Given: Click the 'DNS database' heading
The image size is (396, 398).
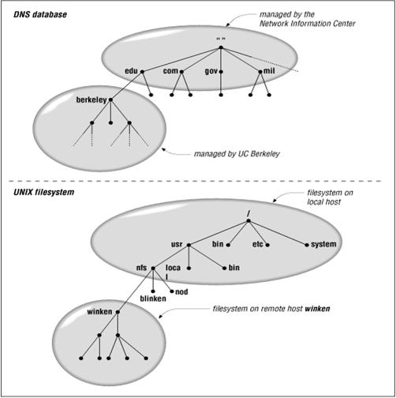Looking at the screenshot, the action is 40,14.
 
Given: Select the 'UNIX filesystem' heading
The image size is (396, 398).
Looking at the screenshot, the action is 43,192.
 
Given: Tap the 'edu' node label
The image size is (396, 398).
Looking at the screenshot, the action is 131,71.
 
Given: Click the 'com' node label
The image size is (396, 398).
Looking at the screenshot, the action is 170,71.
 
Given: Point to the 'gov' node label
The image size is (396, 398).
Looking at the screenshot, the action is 211,71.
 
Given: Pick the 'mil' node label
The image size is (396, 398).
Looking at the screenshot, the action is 269,70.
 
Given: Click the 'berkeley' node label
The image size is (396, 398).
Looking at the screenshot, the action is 92,100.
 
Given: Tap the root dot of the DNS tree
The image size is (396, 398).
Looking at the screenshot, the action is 221,47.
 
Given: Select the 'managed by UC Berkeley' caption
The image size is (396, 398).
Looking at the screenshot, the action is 237,154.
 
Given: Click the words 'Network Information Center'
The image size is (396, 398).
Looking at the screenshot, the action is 308,24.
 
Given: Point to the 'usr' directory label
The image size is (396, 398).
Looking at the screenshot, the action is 177,244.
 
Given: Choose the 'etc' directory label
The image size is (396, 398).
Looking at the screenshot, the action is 257,244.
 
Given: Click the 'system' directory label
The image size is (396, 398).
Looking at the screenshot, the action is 323,245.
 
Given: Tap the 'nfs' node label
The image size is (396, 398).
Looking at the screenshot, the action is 141,268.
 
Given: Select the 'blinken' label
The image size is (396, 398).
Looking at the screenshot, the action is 153,298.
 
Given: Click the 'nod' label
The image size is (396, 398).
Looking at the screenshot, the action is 181,291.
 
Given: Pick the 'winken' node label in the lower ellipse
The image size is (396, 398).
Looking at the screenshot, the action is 99,312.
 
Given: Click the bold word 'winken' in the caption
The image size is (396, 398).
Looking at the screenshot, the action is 317,309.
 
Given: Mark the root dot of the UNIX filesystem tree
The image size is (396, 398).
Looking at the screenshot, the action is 248,221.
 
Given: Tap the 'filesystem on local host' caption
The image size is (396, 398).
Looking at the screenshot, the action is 330,197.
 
